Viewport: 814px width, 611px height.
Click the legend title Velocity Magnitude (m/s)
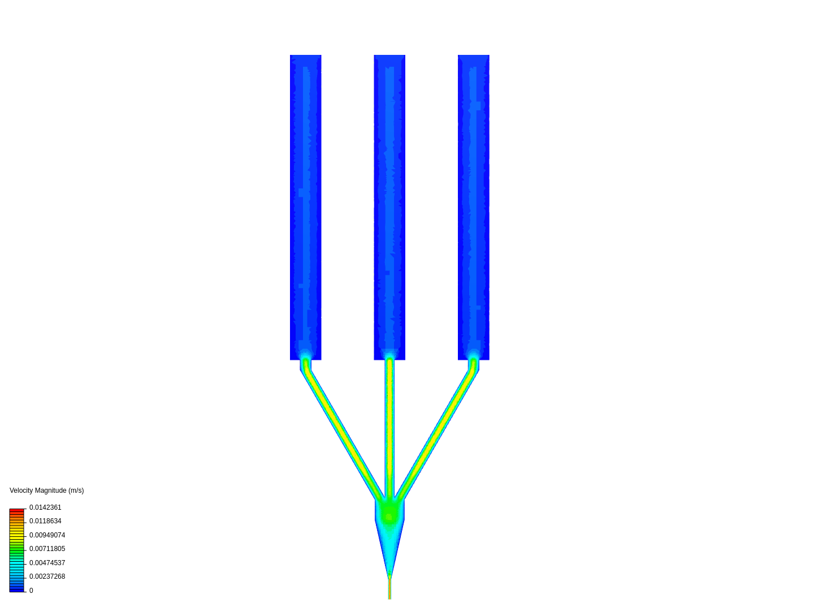(47, 490)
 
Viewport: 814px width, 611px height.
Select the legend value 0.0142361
(45, 507)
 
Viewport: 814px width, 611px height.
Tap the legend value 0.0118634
(45, 521)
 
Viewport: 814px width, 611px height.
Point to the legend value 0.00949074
(47, 535)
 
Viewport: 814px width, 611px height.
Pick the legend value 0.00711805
(47, 549)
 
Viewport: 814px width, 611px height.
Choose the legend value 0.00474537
(47, 563)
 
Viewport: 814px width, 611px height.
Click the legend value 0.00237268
(47, 576)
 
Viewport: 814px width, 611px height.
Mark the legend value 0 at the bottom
(31, 591)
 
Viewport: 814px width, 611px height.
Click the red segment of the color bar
(17, 512)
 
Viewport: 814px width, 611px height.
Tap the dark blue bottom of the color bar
(17, 588)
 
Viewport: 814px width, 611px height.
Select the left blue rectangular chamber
(306, 208)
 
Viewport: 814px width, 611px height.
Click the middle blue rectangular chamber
(389, 208)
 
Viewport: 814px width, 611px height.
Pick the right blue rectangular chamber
(474, 208)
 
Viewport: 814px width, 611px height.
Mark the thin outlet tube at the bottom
(389, 588)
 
